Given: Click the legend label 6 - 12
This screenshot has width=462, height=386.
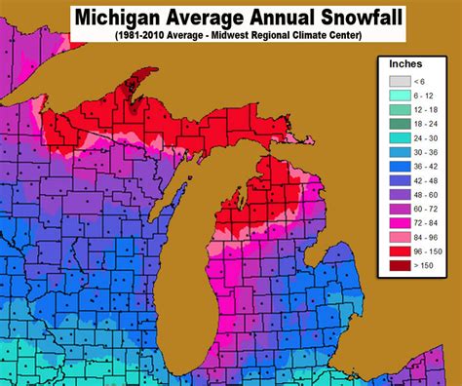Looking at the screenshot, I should pos(428,96).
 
